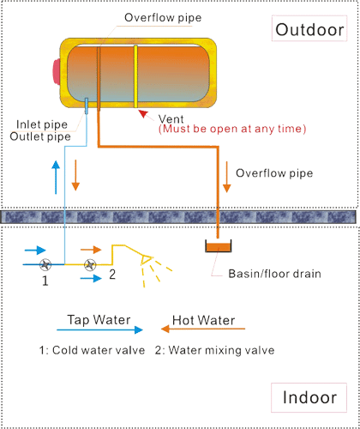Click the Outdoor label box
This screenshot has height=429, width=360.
pos(309,28)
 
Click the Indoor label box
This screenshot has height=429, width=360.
pos(309,397)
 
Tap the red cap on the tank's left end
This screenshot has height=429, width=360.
pos(57,71)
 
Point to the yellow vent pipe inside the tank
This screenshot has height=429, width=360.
pos(136,76)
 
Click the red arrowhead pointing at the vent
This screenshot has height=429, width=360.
pos(143,114)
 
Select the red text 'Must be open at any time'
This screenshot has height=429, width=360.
pos(232,129)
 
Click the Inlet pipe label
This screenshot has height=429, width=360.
pos(42,124)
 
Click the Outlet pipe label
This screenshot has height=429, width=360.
pos(40,136)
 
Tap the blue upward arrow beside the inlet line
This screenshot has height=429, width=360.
pos(56,178)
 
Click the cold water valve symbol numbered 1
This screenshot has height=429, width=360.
pos(45,264)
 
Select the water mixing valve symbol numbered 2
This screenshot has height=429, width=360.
pos(90,264)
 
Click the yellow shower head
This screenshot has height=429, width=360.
pos(146,259)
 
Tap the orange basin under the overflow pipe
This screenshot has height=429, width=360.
pos(219,247)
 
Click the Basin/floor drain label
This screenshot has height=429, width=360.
pos(274,274)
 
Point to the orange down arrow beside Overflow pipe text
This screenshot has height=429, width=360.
pos(226,177)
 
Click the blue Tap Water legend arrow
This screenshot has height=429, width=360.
pos(99,329)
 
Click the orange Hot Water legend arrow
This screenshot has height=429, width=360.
pos(203,329)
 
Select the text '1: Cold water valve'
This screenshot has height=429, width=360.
pos(92,350)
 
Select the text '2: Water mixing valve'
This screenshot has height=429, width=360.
pos(215,350)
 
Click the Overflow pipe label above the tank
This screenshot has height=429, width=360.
pos(163,18)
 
